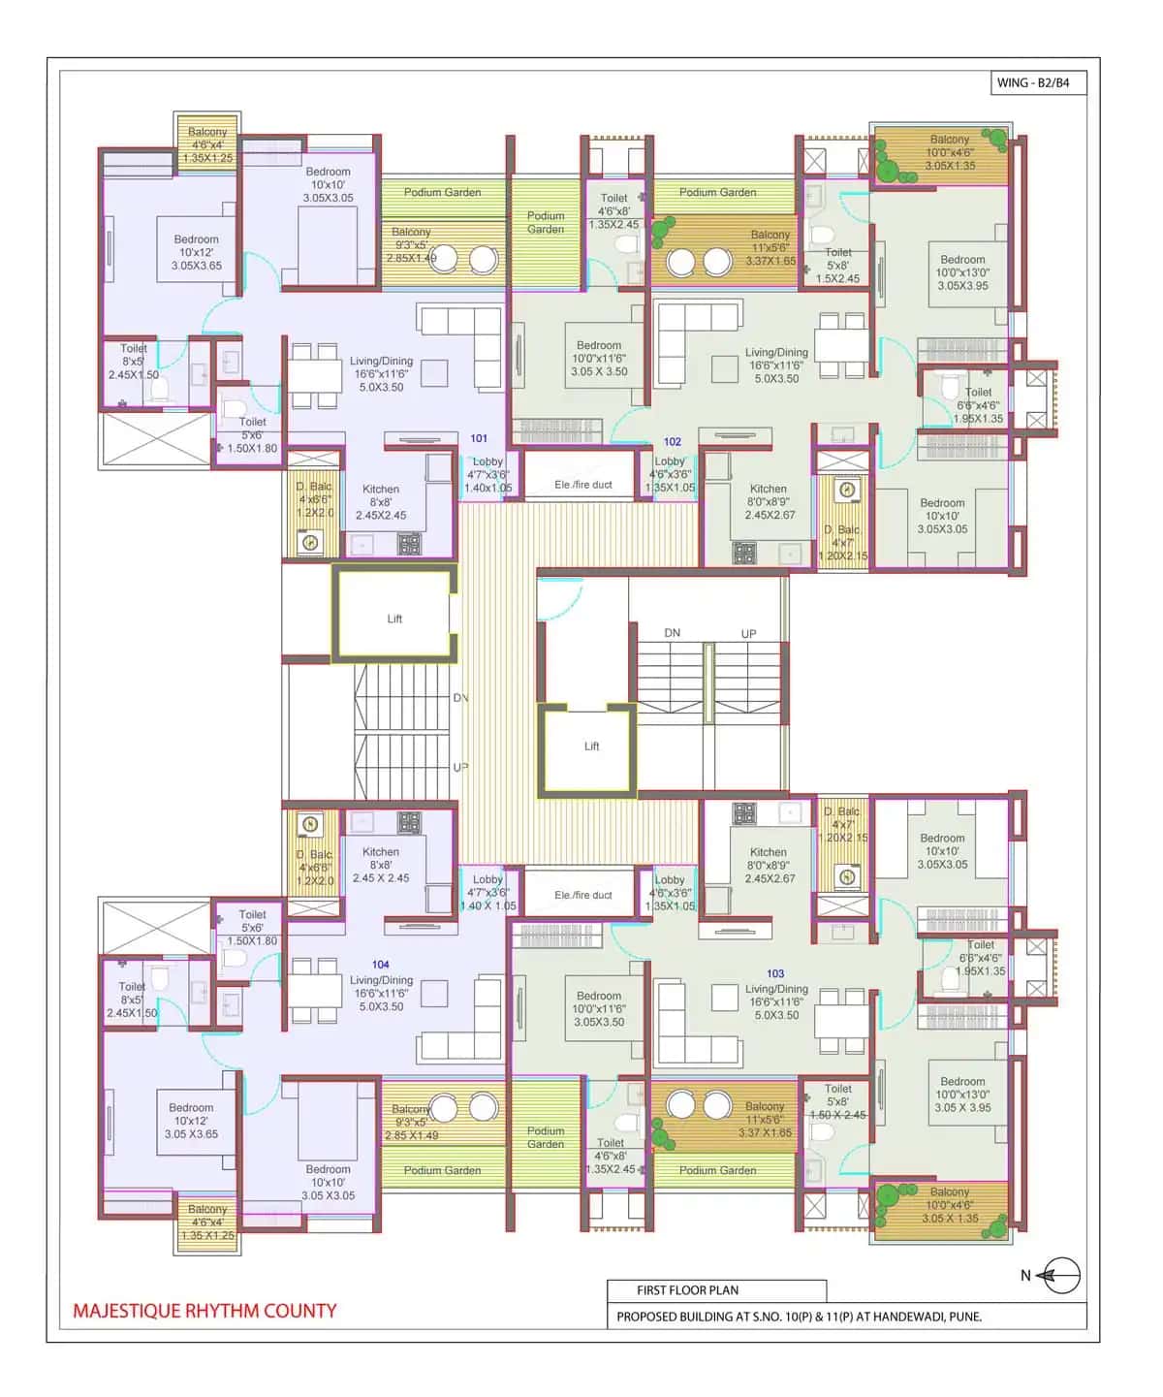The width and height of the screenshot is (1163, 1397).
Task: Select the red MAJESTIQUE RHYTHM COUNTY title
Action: (204, 1311)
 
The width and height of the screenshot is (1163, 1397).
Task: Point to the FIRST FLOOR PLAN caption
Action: (687, 1290)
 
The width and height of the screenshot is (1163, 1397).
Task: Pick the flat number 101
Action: (479, 438)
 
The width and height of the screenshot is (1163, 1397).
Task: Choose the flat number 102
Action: (672, 441)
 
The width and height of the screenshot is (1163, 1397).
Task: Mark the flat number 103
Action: (775, 973)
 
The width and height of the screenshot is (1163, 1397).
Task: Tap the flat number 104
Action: (381, 965)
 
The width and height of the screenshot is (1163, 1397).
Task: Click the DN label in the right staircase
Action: (672, 633)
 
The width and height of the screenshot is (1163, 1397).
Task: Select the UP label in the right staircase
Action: (748, 634)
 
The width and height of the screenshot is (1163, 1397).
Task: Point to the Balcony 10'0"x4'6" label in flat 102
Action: (950, 152)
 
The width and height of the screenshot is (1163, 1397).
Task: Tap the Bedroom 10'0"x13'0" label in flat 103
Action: (962, 1094)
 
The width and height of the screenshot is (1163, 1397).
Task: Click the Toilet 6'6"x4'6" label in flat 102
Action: (978, 405)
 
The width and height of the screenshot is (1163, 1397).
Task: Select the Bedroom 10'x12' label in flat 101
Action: (196, 252)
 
